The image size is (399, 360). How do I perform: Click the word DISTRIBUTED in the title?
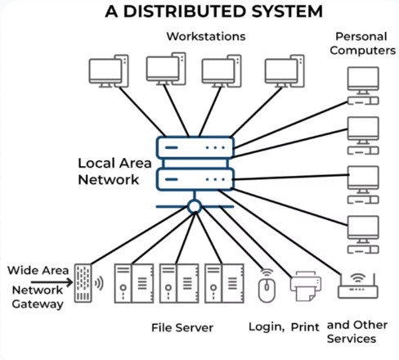(185, 11)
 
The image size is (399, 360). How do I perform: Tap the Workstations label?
(206, 37)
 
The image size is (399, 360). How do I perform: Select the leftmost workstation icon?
(109, 71)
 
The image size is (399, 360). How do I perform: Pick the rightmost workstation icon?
(285, 71)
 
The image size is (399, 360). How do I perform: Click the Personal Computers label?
(362, 43)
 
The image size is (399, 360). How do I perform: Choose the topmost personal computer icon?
(363, 86)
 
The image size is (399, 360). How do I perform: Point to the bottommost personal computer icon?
(363, 235)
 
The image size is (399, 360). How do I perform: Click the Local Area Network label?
(114, 171)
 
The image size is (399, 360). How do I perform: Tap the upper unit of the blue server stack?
(195, 147)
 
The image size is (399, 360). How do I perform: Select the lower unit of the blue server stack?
(195, 179)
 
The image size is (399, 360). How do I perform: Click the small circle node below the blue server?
(195, 206)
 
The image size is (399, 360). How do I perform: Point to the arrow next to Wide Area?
(52, 282)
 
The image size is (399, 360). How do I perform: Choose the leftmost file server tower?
(134, 283)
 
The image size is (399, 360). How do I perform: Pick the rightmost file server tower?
(224, 283)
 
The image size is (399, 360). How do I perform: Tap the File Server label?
(182, 327)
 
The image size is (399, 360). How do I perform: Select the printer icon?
(306, 286)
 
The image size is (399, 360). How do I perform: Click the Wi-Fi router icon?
(358, 286)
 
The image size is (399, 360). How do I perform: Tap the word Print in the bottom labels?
(305, 327)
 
